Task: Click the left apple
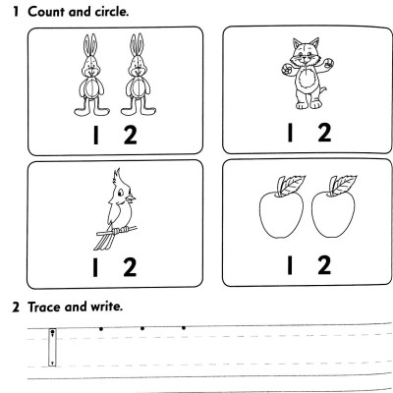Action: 279,218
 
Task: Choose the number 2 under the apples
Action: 325,263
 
